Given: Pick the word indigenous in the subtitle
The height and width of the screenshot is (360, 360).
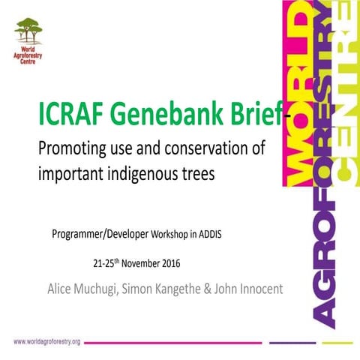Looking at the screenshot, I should click(x=144, y=174).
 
